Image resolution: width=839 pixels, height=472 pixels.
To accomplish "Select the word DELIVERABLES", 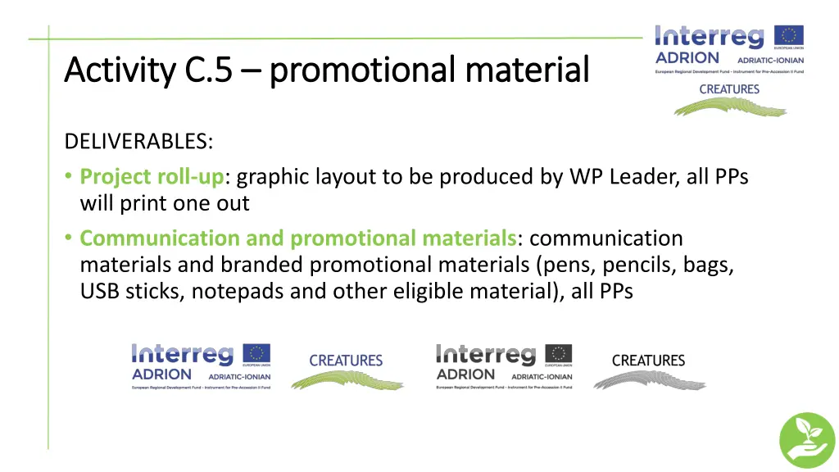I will tap(138, 141).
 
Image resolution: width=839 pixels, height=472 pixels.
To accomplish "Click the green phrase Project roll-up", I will tap(152, 176).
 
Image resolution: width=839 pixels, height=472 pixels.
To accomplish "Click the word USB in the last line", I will tap(99, 291).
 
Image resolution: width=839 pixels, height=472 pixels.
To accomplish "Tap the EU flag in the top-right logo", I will tap(790, 36).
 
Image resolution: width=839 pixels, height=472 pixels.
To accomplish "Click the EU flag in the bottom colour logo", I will tap(257, 354).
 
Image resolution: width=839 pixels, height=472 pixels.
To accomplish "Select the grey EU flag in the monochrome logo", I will tap(560, 354).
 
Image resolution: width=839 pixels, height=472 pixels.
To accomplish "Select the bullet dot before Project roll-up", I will tap(70, 176).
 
